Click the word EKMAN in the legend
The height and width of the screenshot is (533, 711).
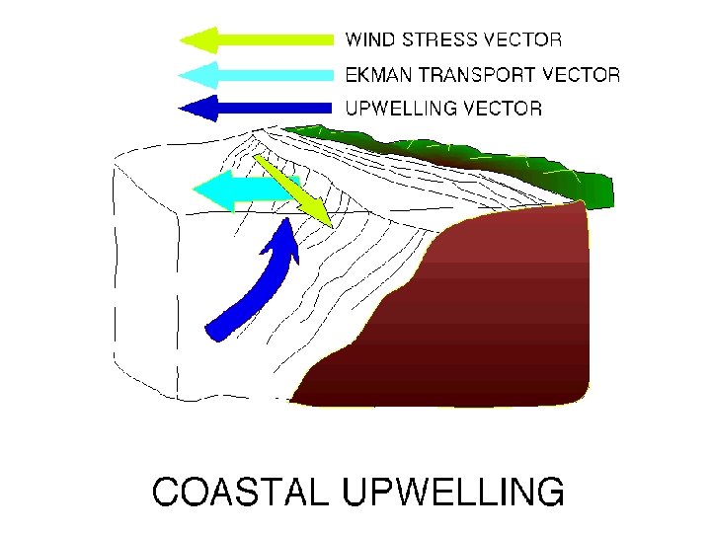coord(374,74)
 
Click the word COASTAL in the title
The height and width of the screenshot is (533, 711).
coord(235,491)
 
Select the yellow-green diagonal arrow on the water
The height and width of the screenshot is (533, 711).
coord(291,188)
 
